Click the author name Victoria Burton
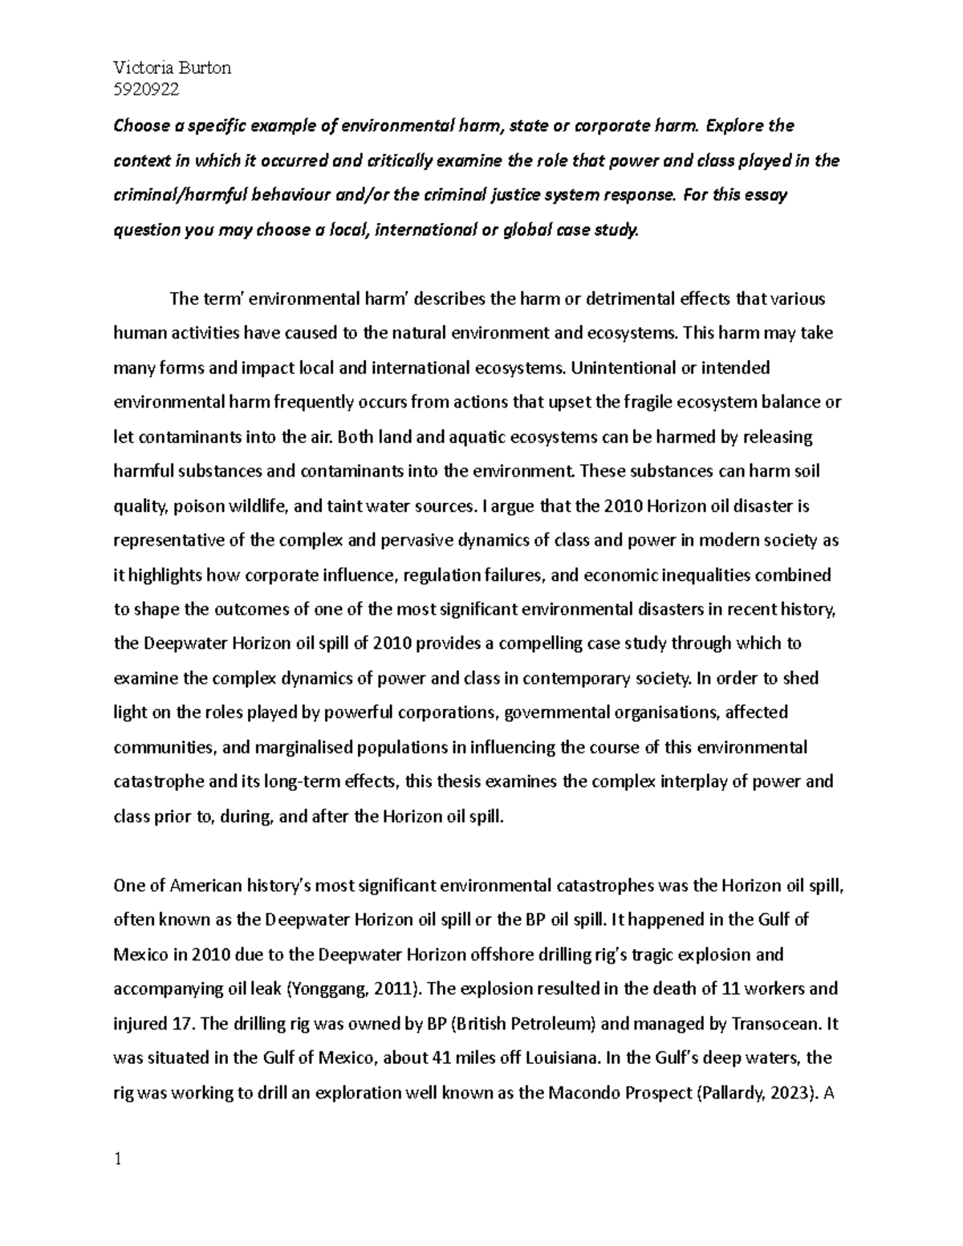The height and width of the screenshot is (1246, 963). click(173, 67)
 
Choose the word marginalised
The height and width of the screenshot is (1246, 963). click(303, 748)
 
